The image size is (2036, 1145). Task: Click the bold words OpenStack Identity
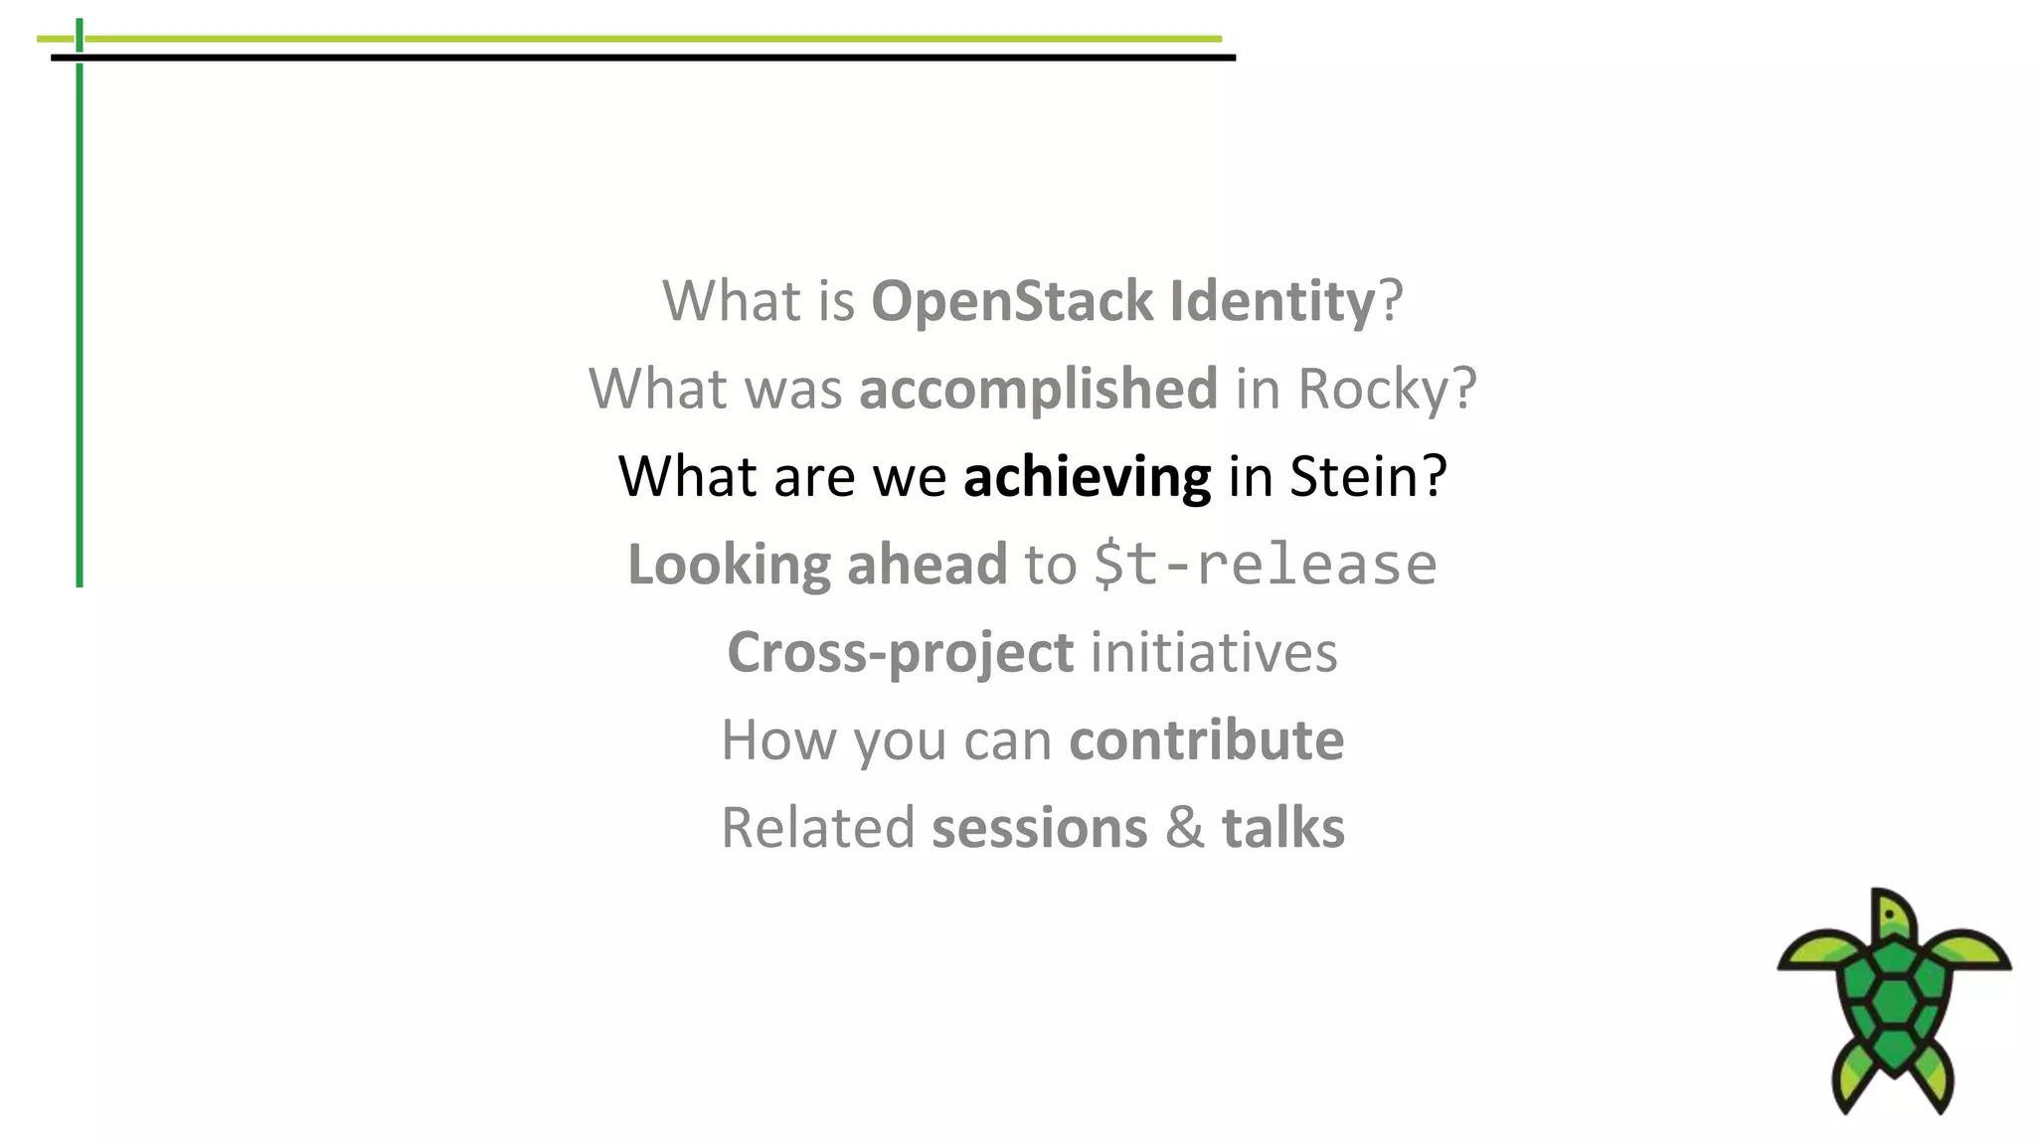pyautogui.click(x=1122, y=301)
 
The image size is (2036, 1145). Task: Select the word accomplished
pyautogui.click(x=1038, y=389)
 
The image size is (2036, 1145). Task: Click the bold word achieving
pyautogui.click(x=1087, y=476)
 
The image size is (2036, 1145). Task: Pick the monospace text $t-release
pyautogui.click(x=1265, y=565)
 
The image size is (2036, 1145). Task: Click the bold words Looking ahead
pyautogui.click(x=817, y=565)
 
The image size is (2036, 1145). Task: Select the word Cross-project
pyautogui.click(x=900, y=652)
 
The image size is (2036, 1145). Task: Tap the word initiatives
pyautogui.click(x=1214, y=652)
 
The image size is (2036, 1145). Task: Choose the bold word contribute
pyautogui.click(x=1206, y=739)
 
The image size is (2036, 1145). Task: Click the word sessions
pyautogui.click(x=1039, y=828)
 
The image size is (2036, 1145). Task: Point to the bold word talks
pyautogui.click(x=1282, y=828)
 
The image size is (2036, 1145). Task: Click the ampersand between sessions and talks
pyautogui.click(x=1184, y=828)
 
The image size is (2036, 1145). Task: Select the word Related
pyautogui.click(x=817, y=828)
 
